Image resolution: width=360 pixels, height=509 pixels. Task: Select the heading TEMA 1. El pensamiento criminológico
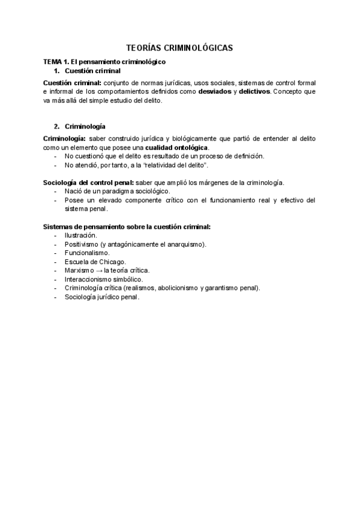click(104, 62)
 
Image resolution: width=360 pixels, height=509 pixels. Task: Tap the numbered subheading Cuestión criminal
click(92, 71)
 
